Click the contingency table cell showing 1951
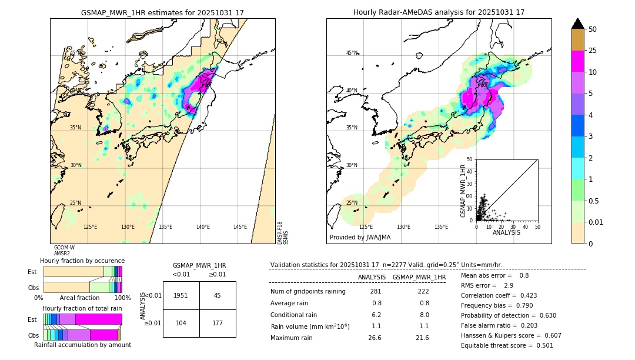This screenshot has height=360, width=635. [181, 295]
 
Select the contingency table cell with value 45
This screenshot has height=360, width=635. [218, 295]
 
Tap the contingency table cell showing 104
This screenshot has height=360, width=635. [181, 323]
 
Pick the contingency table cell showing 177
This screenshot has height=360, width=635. [218, 323]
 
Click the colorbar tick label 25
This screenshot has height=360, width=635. [593, 51]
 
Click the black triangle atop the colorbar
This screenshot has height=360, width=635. [578, 24]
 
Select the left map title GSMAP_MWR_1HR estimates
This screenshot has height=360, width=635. [162, 12]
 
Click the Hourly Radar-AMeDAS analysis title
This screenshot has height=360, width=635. [439, 12]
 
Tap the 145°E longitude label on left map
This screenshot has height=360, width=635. [240, 227]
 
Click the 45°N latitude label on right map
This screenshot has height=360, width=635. [352, 53]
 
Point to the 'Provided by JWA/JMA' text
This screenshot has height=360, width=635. [360, 238]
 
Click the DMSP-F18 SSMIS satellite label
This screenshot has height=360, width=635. [283, 232]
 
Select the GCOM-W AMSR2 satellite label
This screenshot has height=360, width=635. [63, 251]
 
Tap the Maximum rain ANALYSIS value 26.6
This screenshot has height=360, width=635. [375, 338]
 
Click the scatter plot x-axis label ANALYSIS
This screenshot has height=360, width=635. [506, 232]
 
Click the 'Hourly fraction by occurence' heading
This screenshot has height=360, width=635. [82, 261]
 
